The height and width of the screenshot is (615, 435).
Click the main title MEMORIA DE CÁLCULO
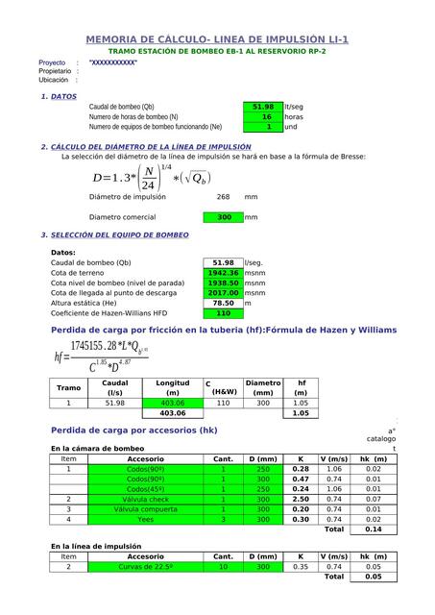point(217,39)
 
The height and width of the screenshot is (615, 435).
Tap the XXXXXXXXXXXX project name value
point(112,62)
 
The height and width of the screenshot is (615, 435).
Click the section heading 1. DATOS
point(59,97)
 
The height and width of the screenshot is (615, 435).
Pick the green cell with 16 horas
point(261,116)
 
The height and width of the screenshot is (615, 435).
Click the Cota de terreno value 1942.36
point(223,273)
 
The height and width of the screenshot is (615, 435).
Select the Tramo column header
point(69,388)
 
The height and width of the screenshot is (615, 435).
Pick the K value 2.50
point(300,499)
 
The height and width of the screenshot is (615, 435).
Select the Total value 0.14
point(373,529)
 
